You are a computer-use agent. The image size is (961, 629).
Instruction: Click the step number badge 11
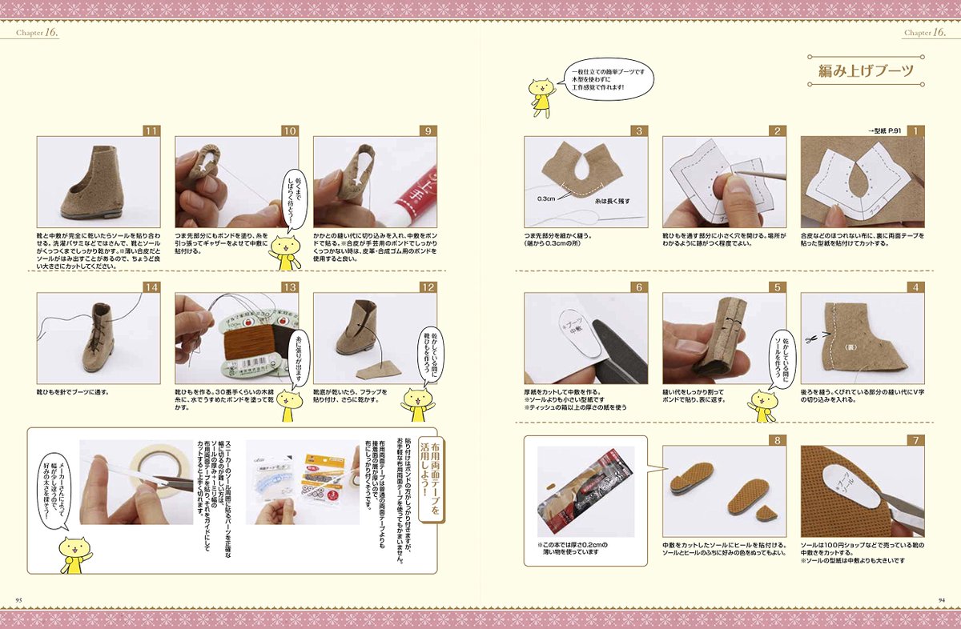(x=151, y=130)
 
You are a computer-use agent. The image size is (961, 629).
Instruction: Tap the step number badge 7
(x=916, y=440)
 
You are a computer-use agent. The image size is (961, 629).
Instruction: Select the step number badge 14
(x=151, y=286)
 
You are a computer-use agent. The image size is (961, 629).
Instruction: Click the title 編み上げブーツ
(x=865, y=71)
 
